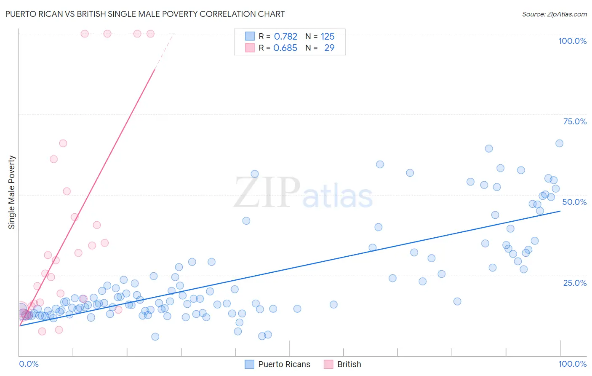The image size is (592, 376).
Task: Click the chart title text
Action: [x=145, y=14]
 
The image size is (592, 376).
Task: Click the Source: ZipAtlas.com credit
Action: [x=554, y=14]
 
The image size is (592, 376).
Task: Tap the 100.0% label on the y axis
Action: [x=572, y=41]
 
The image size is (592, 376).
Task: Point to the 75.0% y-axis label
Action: [x=575, y=121]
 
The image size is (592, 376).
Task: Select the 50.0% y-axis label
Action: [x=574, y=202]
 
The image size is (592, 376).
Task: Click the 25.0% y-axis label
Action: [x=575, y=283]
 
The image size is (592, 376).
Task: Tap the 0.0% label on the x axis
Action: [x=29, y=364]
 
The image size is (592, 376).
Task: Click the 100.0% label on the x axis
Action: [x=572, y=364]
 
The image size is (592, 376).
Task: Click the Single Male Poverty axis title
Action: [x=12, y=192]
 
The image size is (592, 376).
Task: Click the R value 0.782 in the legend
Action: [x=285, y=37]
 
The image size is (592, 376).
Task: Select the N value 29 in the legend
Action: [x=329, y=48]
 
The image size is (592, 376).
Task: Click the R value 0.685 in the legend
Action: [x=285, y=48]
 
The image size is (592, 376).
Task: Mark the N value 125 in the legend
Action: [x=328, y=37]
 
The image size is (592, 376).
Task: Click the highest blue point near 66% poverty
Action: [x=559, y=143]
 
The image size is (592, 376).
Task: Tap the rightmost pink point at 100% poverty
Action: [x=150, y=34]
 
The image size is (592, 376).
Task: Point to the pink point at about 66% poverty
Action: [x=63, y=143]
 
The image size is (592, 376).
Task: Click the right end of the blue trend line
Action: [x=560, y=211]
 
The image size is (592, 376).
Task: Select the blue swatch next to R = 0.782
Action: [x=250, y=36]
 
